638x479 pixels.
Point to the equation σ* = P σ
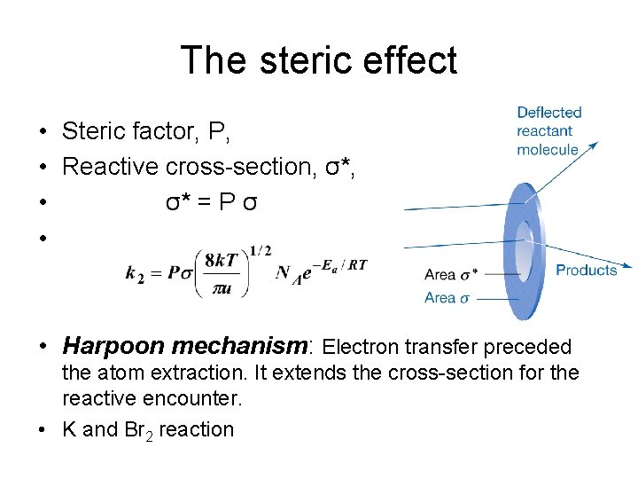[212, 201]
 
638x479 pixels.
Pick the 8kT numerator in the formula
[220, 260]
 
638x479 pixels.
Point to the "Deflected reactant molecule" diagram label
[549, 130]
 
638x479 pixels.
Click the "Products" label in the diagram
[586, 270]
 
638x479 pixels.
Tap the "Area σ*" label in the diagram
[452, 275]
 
